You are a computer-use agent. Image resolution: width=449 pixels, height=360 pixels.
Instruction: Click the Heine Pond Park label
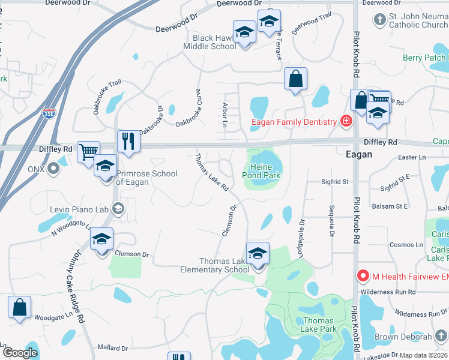[x=262, y=172]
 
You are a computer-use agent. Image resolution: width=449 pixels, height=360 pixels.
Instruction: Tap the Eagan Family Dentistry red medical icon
[x=346, y=122]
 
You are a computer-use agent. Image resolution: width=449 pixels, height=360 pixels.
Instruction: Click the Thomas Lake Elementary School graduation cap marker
[x=258, y=254]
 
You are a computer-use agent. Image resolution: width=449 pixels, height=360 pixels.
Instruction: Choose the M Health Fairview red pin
[x=363, y=276]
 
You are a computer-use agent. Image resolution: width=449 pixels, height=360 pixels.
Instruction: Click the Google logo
[x=20, y=353]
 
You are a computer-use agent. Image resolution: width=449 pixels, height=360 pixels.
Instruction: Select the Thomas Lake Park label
[x=319, y=325]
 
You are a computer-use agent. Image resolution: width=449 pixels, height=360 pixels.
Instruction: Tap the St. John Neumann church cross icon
[x=379, y=20]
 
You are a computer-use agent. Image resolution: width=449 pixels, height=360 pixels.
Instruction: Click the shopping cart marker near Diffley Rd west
[x=89, y=152]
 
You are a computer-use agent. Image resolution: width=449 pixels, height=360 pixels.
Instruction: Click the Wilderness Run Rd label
[x=388, y=292]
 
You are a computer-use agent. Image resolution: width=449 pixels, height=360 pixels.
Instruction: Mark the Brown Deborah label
[x=403, y=337]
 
